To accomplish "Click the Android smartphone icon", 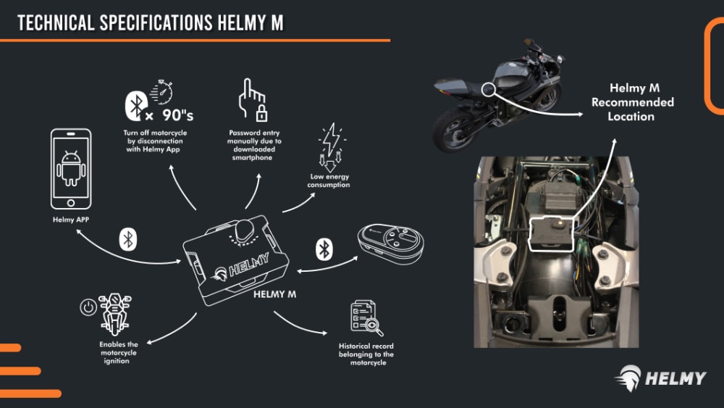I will (x=71, y=168).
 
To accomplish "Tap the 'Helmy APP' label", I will (x=71, y=218).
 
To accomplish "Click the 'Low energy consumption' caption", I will (x=328, y=180).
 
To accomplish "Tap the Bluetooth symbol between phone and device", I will (x=128, y=238).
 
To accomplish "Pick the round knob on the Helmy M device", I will (x=245, y=230).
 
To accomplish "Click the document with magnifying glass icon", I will (x=366, y=317).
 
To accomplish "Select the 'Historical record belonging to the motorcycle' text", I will (x=366, y=354).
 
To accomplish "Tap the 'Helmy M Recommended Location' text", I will (x=632, y=101).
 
